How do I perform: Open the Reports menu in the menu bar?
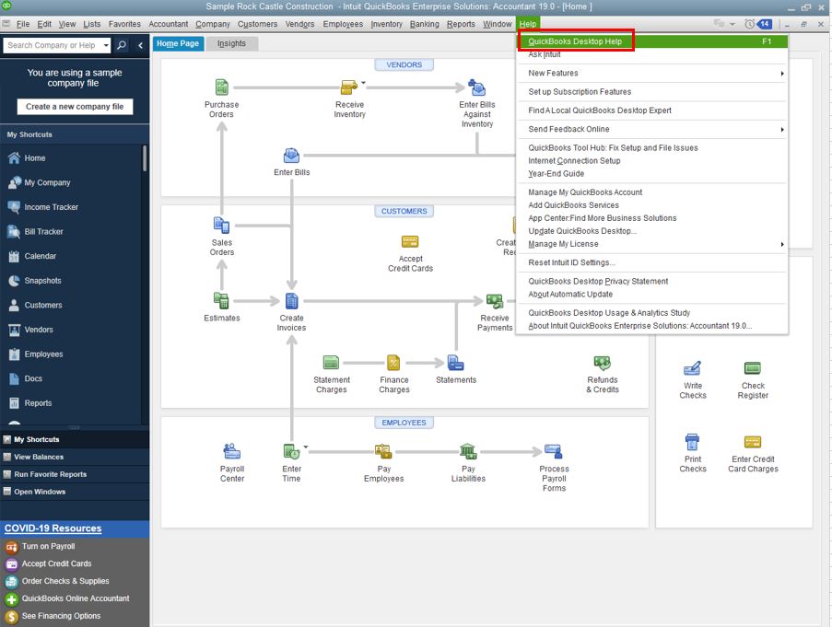(x=461, y=24)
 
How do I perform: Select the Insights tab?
(x=231, y=43)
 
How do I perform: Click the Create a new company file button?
(x=75, y=107)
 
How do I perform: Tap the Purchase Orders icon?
(x=222, y=87)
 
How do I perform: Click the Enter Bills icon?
(x=291, y=156)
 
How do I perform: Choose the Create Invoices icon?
(x=291, y=301)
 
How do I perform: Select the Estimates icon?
(x=221, y=300)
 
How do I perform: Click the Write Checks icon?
(x=693, y=368)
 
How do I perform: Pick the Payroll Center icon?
(x=232, y=451)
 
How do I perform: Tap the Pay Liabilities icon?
(x=468, y=451)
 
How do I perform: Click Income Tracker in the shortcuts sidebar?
(x=51, y=207)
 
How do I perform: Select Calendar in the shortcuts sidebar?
(x=41, y=256)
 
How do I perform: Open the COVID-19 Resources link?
(x=53, y=528)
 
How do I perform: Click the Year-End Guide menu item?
(x=557, y=173)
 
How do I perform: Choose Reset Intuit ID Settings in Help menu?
(x=571, y=262)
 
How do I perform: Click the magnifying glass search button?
(x=122, y=45)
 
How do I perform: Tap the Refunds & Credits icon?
(x=603, y=363)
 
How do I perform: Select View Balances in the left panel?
(x=39, y=457)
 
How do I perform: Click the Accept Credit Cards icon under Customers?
(x=410, y=241)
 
